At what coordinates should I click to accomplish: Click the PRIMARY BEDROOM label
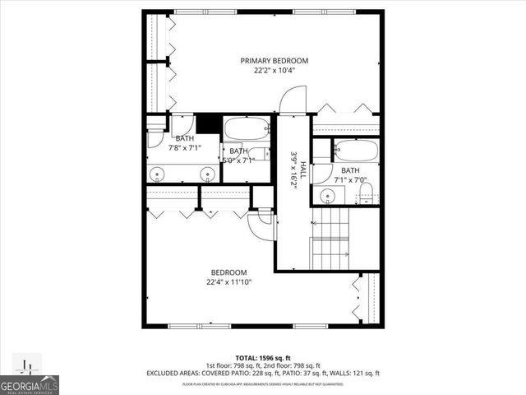tap(274, 61)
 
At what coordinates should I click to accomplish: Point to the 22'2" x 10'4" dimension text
tap(274, 71)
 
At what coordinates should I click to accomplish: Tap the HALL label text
tap(302, 170)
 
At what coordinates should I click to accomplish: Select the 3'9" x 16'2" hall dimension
tap(293, 170)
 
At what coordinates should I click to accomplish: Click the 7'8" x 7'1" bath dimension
tap(185, 149)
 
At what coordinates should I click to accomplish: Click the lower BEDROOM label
tap(228, 272)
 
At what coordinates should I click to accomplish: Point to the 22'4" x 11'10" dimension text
tap(228, 282)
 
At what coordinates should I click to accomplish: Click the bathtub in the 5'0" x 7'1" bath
tap(247, 128)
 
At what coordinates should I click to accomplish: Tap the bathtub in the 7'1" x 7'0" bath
tap(356, 151)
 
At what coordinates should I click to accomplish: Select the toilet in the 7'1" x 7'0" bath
tap(367, 195)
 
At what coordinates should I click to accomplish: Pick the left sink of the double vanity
tap(159, 174)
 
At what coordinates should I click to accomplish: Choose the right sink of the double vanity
tap(209, 174)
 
